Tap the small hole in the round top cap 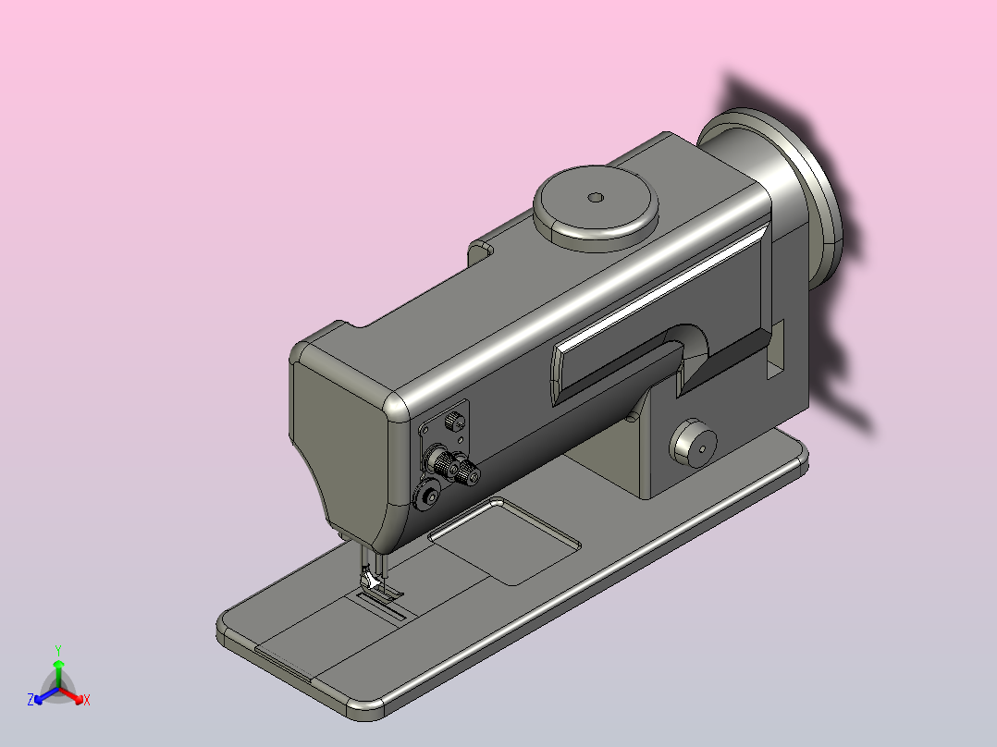click(596, 198)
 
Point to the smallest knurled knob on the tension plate click(454, 421)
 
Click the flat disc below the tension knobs click(426, 496)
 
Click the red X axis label click(87, 700)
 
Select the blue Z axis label click(31, 699)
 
